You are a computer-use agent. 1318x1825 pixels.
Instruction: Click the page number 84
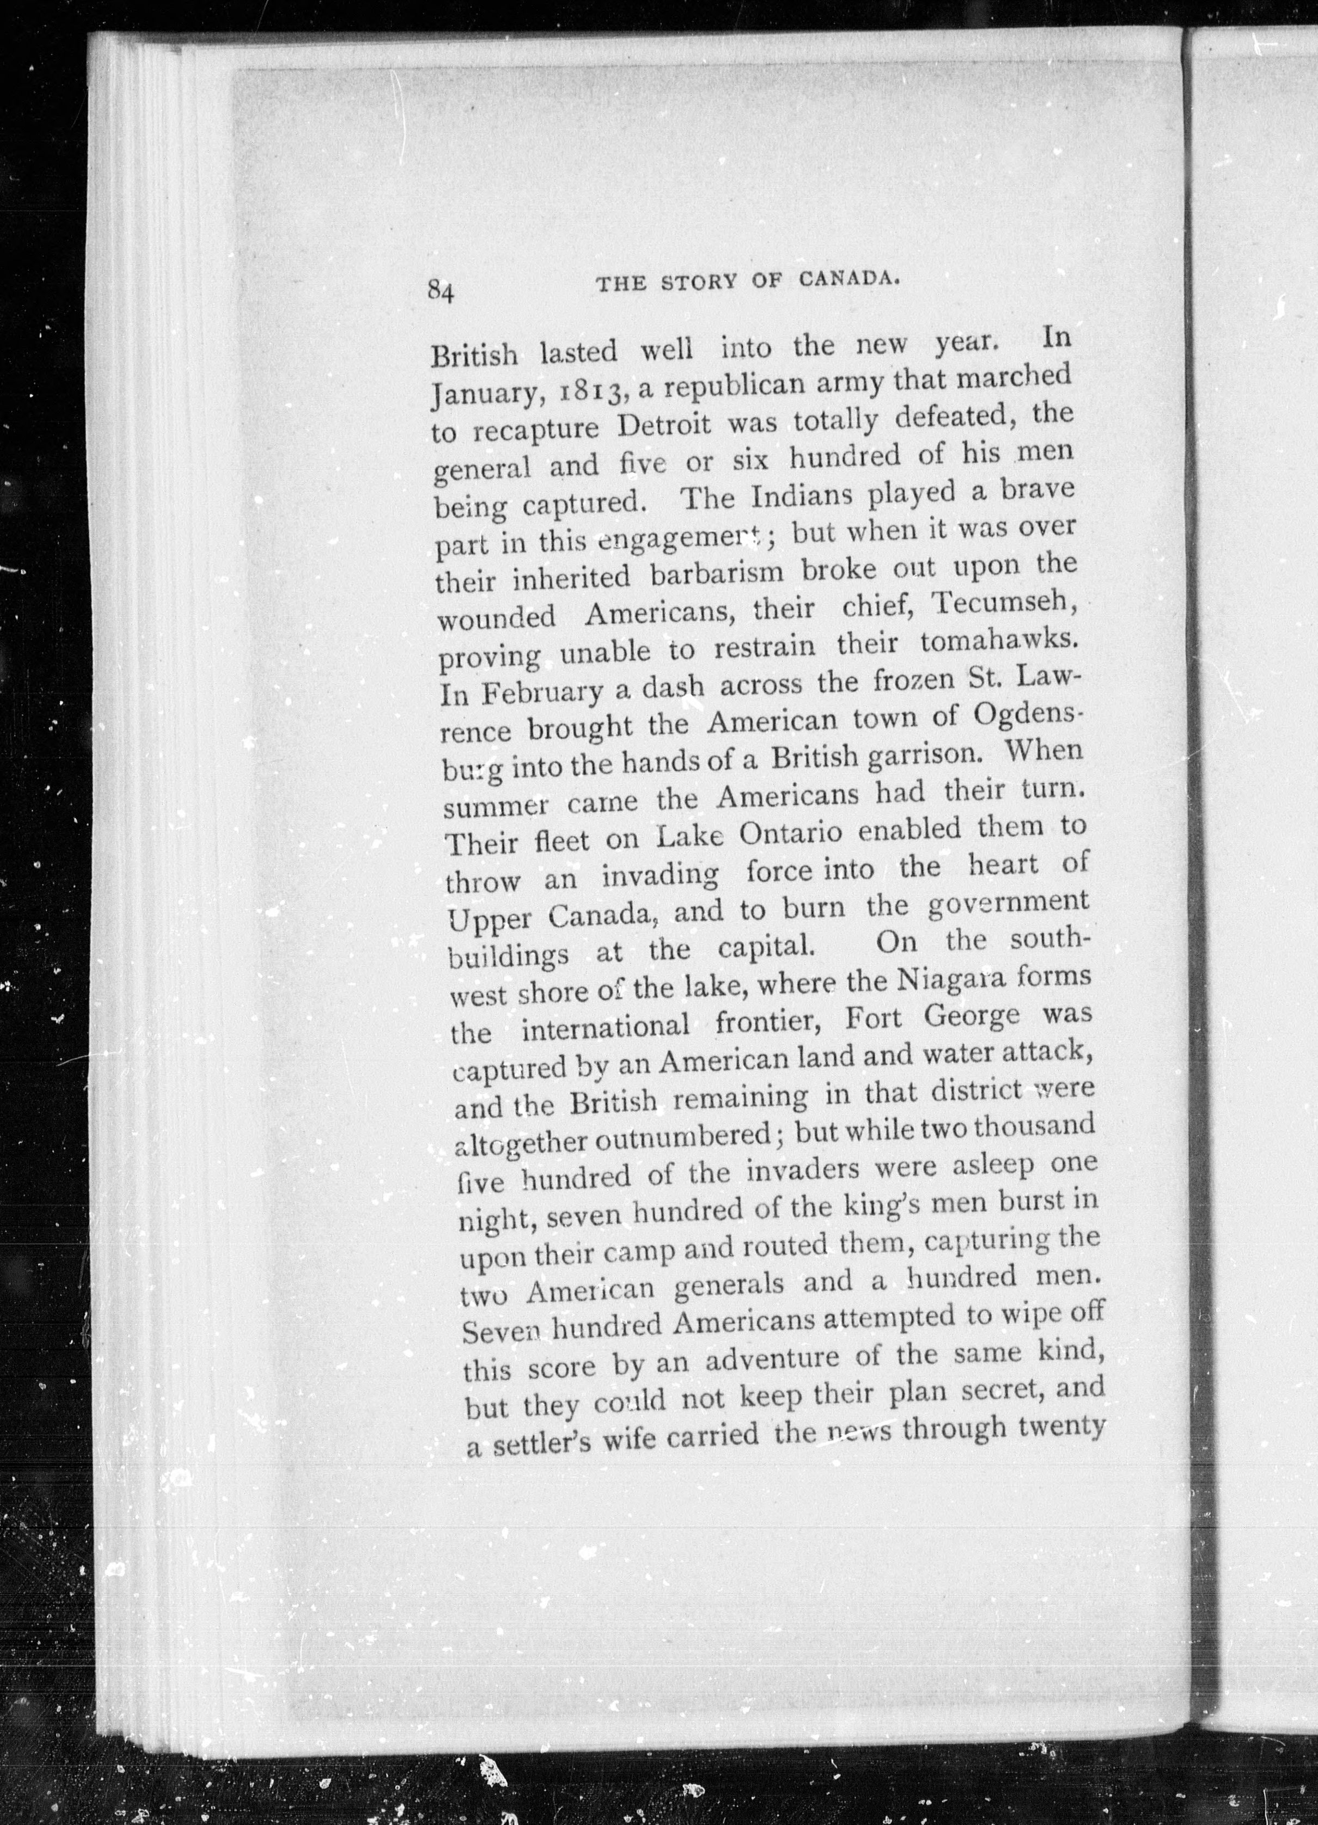442,290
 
